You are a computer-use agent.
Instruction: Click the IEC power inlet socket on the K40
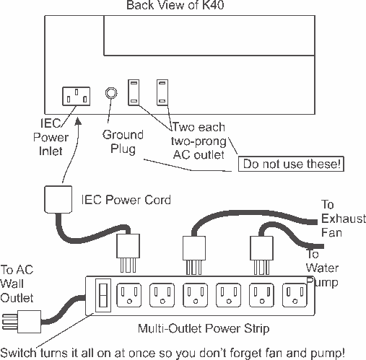pyautogui.click(x=77, y=96)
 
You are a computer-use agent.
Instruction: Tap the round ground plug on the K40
pyautogui.click(x=111, y=93)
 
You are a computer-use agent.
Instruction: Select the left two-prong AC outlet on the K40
pyautogui.click(x=134, y=92)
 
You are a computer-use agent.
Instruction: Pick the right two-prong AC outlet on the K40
pyautogui.click(x=162, y=92)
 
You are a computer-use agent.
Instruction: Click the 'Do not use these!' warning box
pyautogui.click(x=291, y=164)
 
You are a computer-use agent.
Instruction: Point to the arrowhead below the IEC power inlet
pyautogui.click(x=78, y=120)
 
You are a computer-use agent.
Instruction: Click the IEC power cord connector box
pyautogui.click(x=58, y=199)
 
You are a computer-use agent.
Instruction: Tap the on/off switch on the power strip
pyautogui.click(x=103, y=295)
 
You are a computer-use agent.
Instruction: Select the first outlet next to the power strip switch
pyautogui.click(x=129, y=295)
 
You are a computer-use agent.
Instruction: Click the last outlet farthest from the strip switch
pyautogui.click(x=295, y=295)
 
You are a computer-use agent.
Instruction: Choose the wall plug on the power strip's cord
pyautogui.click(x=22, y=322)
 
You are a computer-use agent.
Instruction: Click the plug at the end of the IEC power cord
pyautogui.click(x=128, y=253)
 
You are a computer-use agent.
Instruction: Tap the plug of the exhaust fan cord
pyautogui.click(x=194, y=255)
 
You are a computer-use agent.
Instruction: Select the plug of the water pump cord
pyautogui.click(x=261, y=255)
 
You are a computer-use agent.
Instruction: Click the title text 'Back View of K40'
pyautogui.click(x=175, y=5)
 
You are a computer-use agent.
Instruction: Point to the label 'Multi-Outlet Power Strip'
pyautogui.click(x=204, y=328)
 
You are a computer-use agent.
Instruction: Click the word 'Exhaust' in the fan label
pyautogui.click(x=344, y=219)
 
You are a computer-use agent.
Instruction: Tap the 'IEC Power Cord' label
pyautogui.click(x=126, y=200)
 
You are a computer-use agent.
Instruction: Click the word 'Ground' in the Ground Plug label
pyautogui.click(x=123, y=135)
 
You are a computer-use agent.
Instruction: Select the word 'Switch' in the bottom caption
pyautogui.click(x=19, y=353)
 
